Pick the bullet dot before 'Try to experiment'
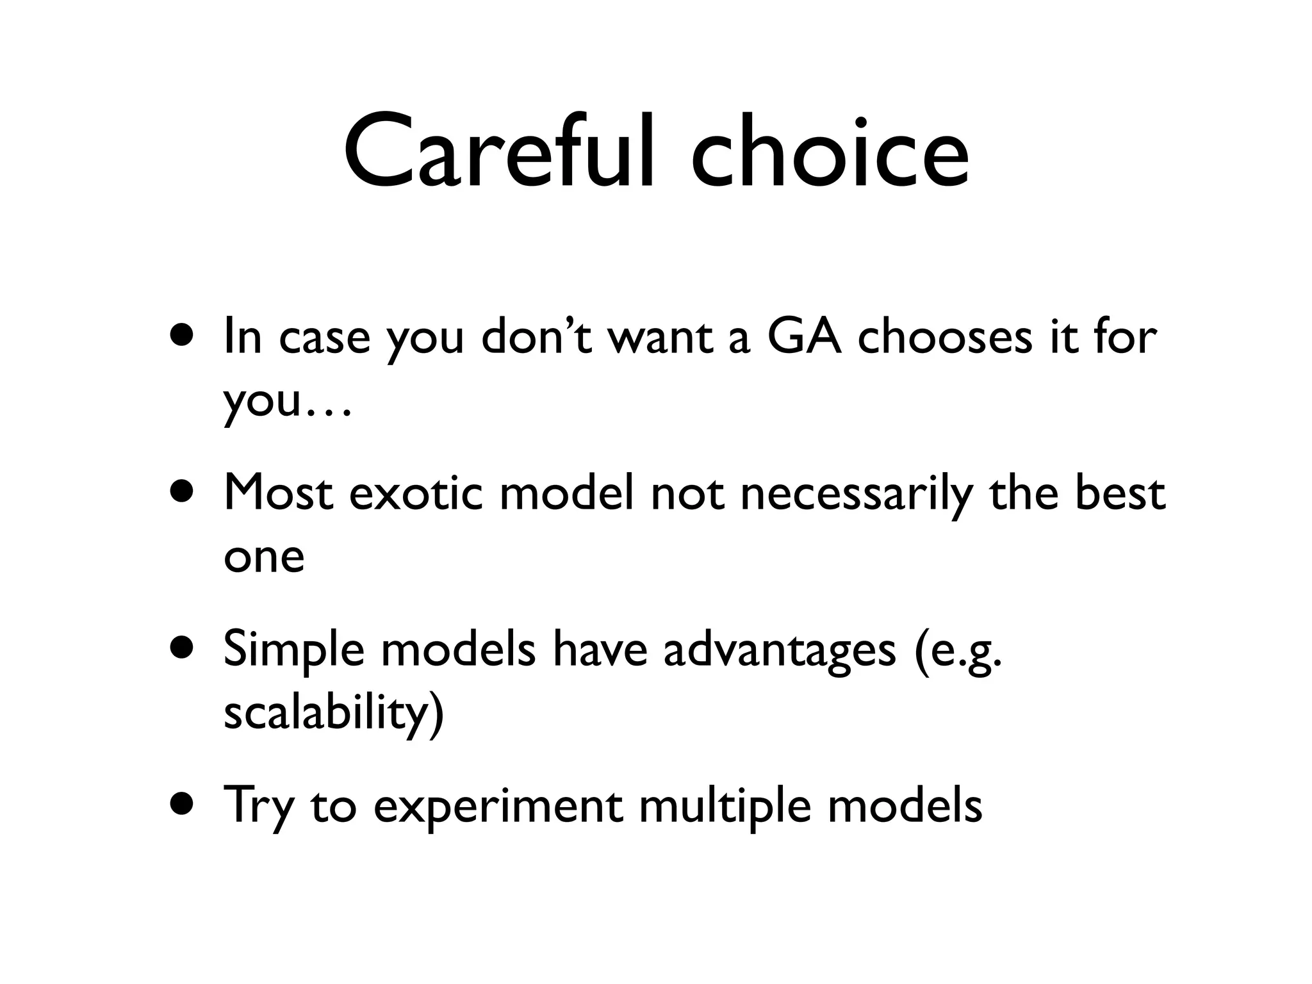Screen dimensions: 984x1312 (183, 803)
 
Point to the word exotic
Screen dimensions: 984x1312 (416, 493)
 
